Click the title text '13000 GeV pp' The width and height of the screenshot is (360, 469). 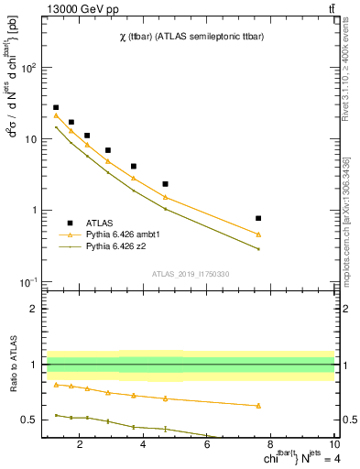[78, 8]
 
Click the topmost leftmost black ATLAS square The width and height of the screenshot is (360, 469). [56, 107]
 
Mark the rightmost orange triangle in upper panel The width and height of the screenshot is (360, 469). [258, 234]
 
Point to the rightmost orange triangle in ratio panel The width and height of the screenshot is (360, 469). [258, 405]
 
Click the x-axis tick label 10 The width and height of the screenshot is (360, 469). [333, 446]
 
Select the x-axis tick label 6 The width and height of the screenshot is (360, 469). [207, 446]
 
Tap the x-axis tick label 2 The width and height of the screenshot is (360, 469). [81, 446]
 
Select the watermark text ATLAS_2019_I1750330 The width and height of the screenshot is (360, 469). [191, 274]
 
